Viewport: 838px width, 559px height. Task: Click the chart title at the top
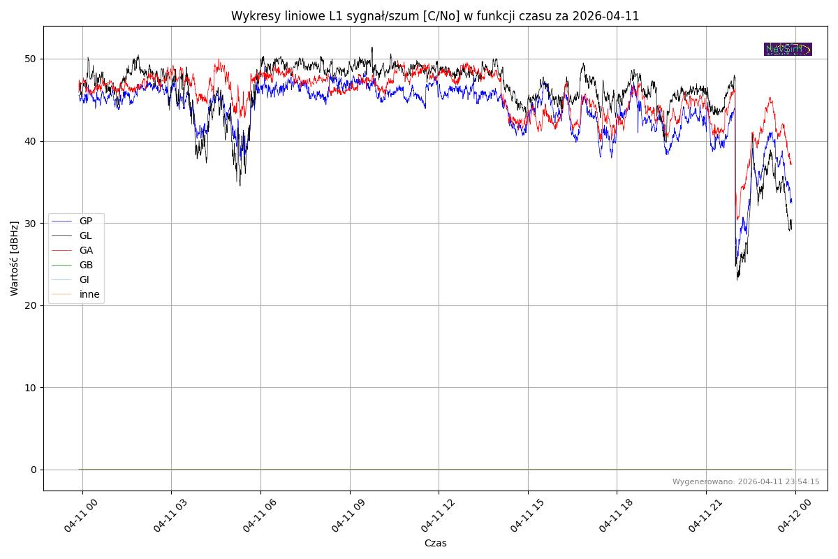tap(435, 16)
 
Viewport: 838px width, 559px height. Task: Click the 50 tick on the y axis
tap(31, 59)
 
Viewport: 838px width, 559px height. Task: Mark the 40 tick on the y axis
tap(31, 141)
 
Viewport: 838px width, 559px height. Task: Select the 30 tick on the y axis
tap(31, 223)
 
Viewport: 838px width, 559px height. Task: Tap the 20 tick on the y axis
tap(31, 305)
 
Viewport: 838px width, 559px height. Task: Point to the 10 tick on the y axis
tap(31, 387)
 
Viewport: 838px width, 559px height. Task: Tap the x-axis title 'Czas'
tap(435, 543)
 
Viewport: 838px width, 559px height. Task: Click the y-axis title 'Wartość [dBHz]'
tap(15, 259)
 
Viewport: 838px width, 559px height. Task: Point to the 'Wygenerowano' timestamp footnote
tap(746, 481)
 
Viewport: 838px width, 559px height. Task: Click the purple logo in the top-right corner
tap(788, 49)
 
